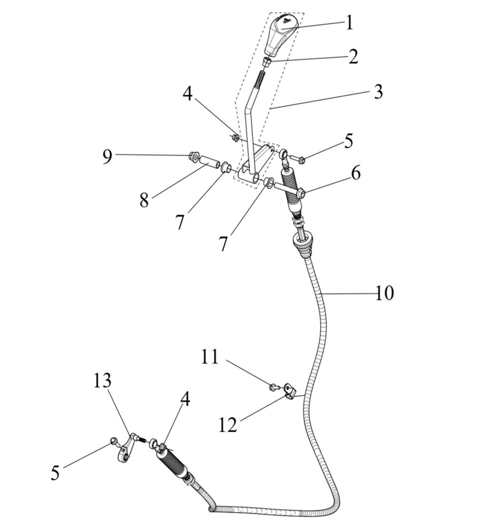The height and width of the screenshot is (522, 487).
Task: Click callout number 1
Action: click(350, 23)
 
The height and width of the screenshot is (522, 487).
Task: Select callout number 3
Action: click(378, 91)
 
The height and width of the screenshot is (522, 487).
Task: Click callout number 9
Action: click(108, 156)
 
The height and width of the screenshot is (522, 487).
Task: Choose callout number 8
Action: click(144, 200)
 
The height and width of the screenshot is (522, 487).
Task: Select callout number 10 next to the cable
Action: click(384, 293)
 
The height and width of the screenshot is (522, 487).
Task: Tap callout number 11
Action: click(210, 357)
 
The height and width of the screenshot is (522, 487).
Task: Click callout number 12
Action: click(228, 424)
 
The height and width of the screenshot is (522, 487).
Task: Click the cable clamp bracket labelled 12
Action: click(289, 391)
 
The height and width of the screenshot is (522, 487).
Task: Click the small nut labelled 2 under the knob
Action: click(268, 62)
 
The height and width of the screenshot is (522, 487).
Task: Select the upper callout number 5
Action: click(349, 141)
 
